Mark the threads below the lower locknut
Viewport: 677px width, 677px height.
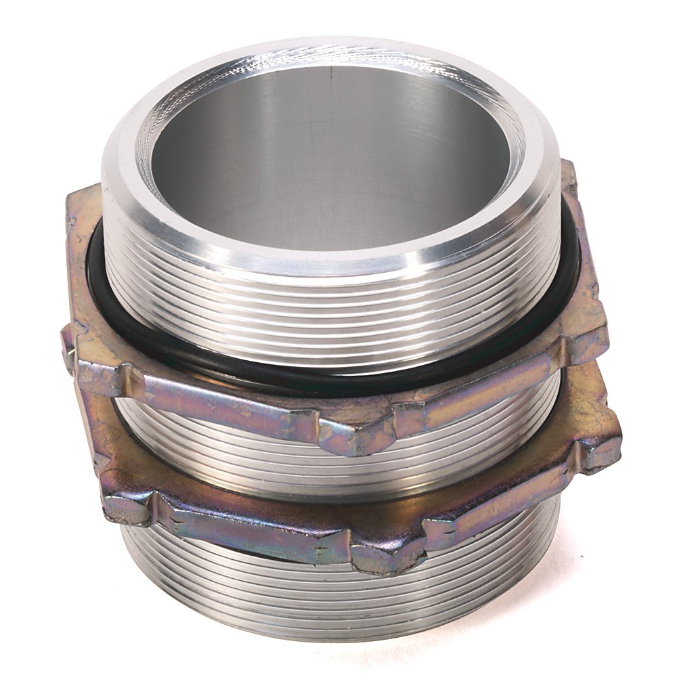tap(325, 596)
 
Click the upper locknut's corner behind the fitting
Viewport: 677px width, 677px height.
tap(565, 176)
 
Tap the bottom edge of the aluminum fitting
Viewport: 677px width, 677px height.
tap(338, 636)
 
